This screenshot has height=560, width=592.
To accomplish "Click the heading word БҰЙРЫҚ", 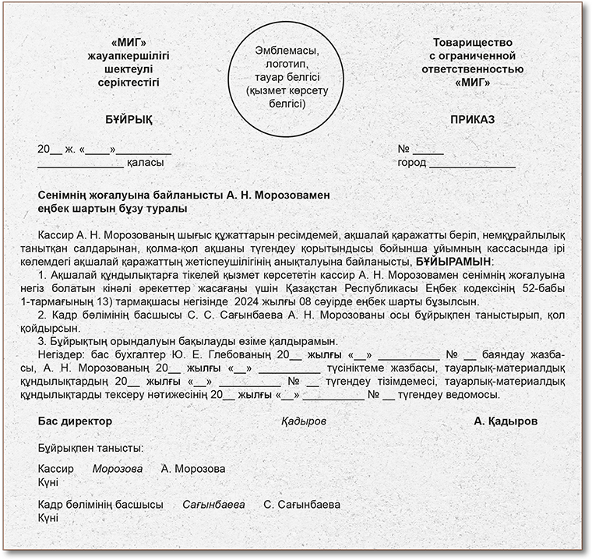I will tap(129, 120).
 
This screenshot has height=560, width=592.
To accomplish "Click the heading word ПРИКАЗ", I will tap(472, 120).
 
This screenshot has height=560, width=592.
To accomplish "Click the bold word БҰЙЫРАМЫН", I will tap(454, 260).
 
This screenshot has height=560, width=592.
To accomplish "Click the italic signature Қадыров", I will tap(304, 421).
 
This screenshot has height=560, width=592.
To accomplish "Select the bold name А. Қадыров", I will tap(506, 421).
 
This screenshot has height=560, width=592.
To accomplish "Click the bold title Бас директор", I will tap(75, 421).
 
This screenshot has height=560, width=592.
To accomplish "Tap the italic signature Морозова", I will tap(118, 469).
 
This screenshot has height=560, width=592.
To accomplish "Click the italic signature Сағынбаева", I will tap(213, 505).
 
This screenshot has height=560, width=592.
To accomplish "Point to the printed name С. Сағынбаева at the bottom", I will tap(302, 505).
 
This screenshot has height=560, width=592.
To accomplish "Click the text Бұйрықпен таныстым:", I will tap(90, 449).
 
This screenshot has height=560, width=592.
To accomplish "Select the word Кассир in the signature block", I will tap(55, 469).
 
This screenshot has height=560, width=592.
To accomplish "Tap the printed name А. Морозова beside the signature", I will tap(193, 469).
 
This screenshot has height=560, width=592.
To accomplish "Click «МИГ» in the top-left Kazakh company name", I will tap(129, 43).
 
